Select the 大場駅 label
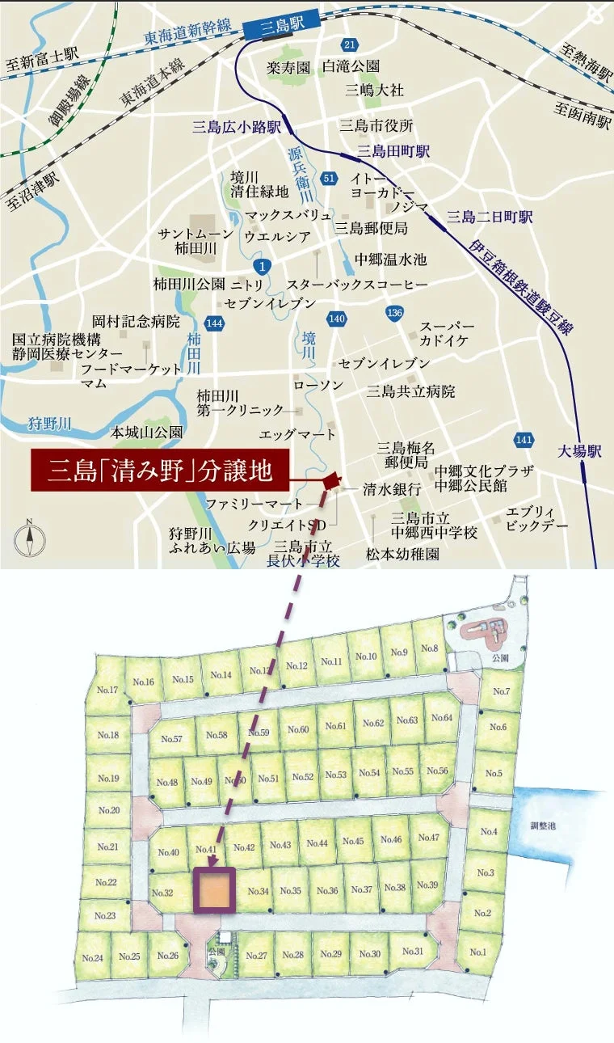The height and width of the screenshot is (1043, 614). pyautogui.click(x=580, y=451)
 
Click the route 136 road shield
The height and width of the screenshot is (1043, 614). pyautogui.click(x=394, y=312)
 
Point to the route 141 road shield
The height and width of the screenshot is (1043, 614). pyautogui.click(x=523, y=440)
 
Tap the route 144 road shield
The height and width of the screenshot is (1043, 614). pyautogui.click(x=214, y=323)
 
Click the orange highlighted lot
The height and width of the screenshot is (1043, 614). pyautogui.click(x=214, y=890)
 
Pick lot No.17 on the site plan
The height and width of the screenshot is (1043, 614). pyautogui.click(x=107, y=690)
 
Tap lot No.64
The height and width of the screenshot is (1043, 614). pyautogui.click(x=442, y=719)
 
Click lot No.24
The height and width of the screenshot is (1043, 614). pyautogui.click(x=93, y=957)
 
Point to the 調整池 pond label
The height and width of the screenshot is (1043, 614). pyautogui.click(x=544, y=826)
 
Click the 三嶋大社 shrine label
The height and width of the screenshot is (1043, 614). pyautogui.click(x=374, y=90)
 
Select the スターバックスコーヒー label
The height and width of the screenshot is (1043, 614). pyautogui.click(x=357, y=285)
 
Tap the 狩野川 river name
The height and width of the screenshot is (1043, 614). pyautogui.click(x=50, y=423)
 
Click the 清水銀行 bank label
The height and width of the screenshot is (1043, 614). pyautogui.click(x=392, y=489)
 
